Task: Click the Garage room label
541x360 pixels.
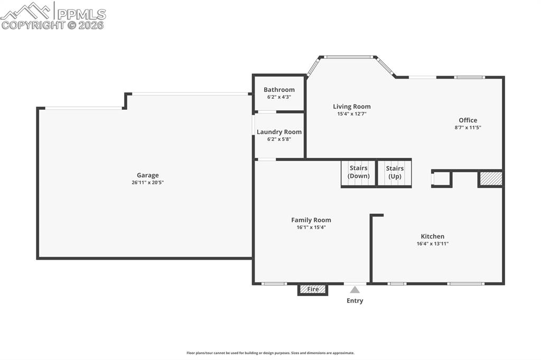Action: coord(147,175)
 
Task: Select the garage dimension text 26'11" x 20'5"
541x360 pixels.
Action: coord(147,183)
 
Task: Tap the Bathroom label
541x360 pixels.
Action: coord(279,90)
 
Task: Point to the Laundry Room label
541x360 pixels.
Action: coord(279,132)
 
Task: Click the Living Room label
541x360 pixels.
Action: coord(351,107)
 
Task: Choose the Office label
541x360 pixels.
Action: coord(468,120)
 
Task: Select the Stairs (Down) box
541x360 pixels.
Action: coord(359,173)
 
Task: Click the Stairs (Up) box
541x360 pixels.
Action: coord(394,173)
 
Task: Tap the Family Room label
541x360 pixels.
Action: coord(311,220)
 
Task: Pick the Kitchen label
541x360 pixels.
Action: coord(432,236)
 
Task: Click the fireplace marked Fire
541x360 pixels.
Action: coord(313,289)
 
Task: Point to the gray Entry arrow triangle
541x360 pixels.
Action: coord(355,290)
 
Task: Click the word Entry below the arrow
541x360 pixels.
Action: coord(355,301)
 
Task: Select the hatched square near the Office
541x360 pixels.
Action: coord(491,178)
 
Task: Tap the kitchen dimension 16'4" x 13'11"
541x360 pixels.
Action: coord(432,244)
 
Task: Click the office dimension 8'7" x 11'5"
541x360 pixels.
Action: coord(468,127)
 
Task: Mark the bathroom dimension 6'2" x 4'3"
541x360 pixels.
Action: coord(279,97)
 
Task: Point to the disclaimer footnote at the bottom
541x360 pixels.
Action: coord(270,353)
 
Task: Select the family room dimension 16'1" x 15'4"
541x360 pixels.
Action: coord(311,228)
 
